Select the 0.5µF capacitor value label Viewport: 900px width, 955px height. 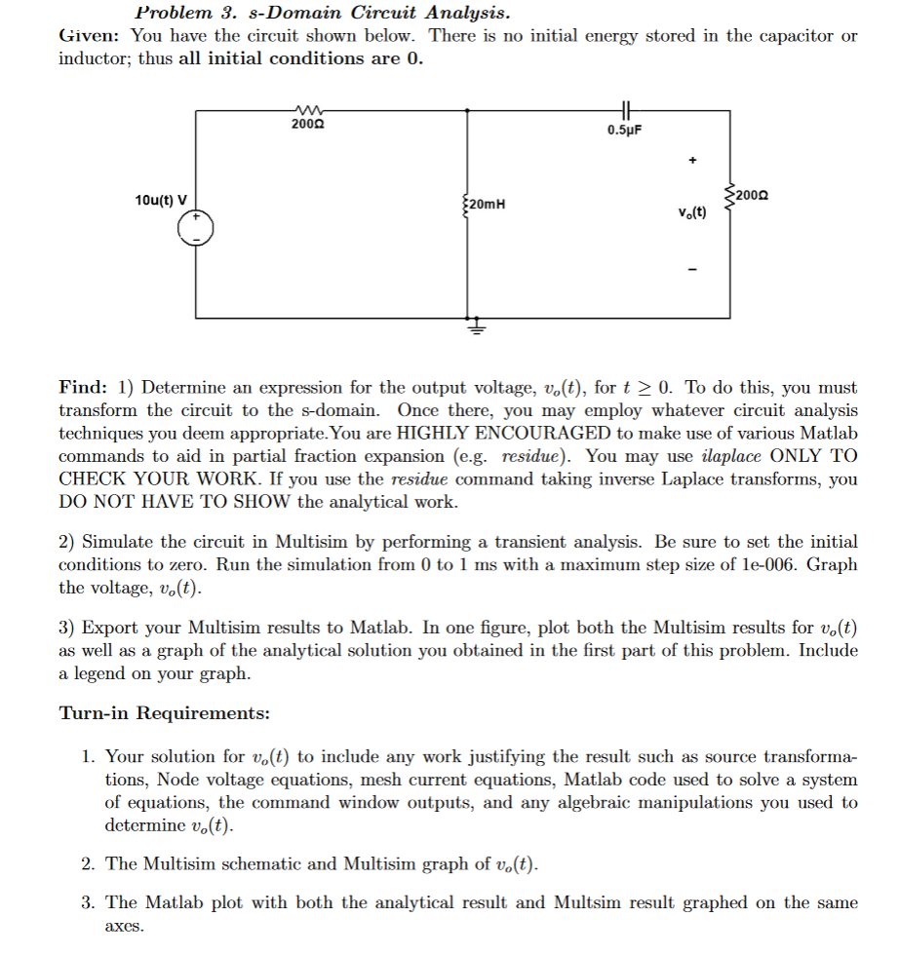624,130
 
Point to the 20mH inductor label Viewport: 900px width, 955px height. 485,205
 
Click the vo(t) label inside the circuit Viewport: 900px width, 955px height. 692,212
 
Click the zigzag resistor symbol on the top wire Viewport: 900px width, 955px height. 308,111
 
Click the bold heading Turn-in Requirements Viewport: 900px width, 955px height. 165,713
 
